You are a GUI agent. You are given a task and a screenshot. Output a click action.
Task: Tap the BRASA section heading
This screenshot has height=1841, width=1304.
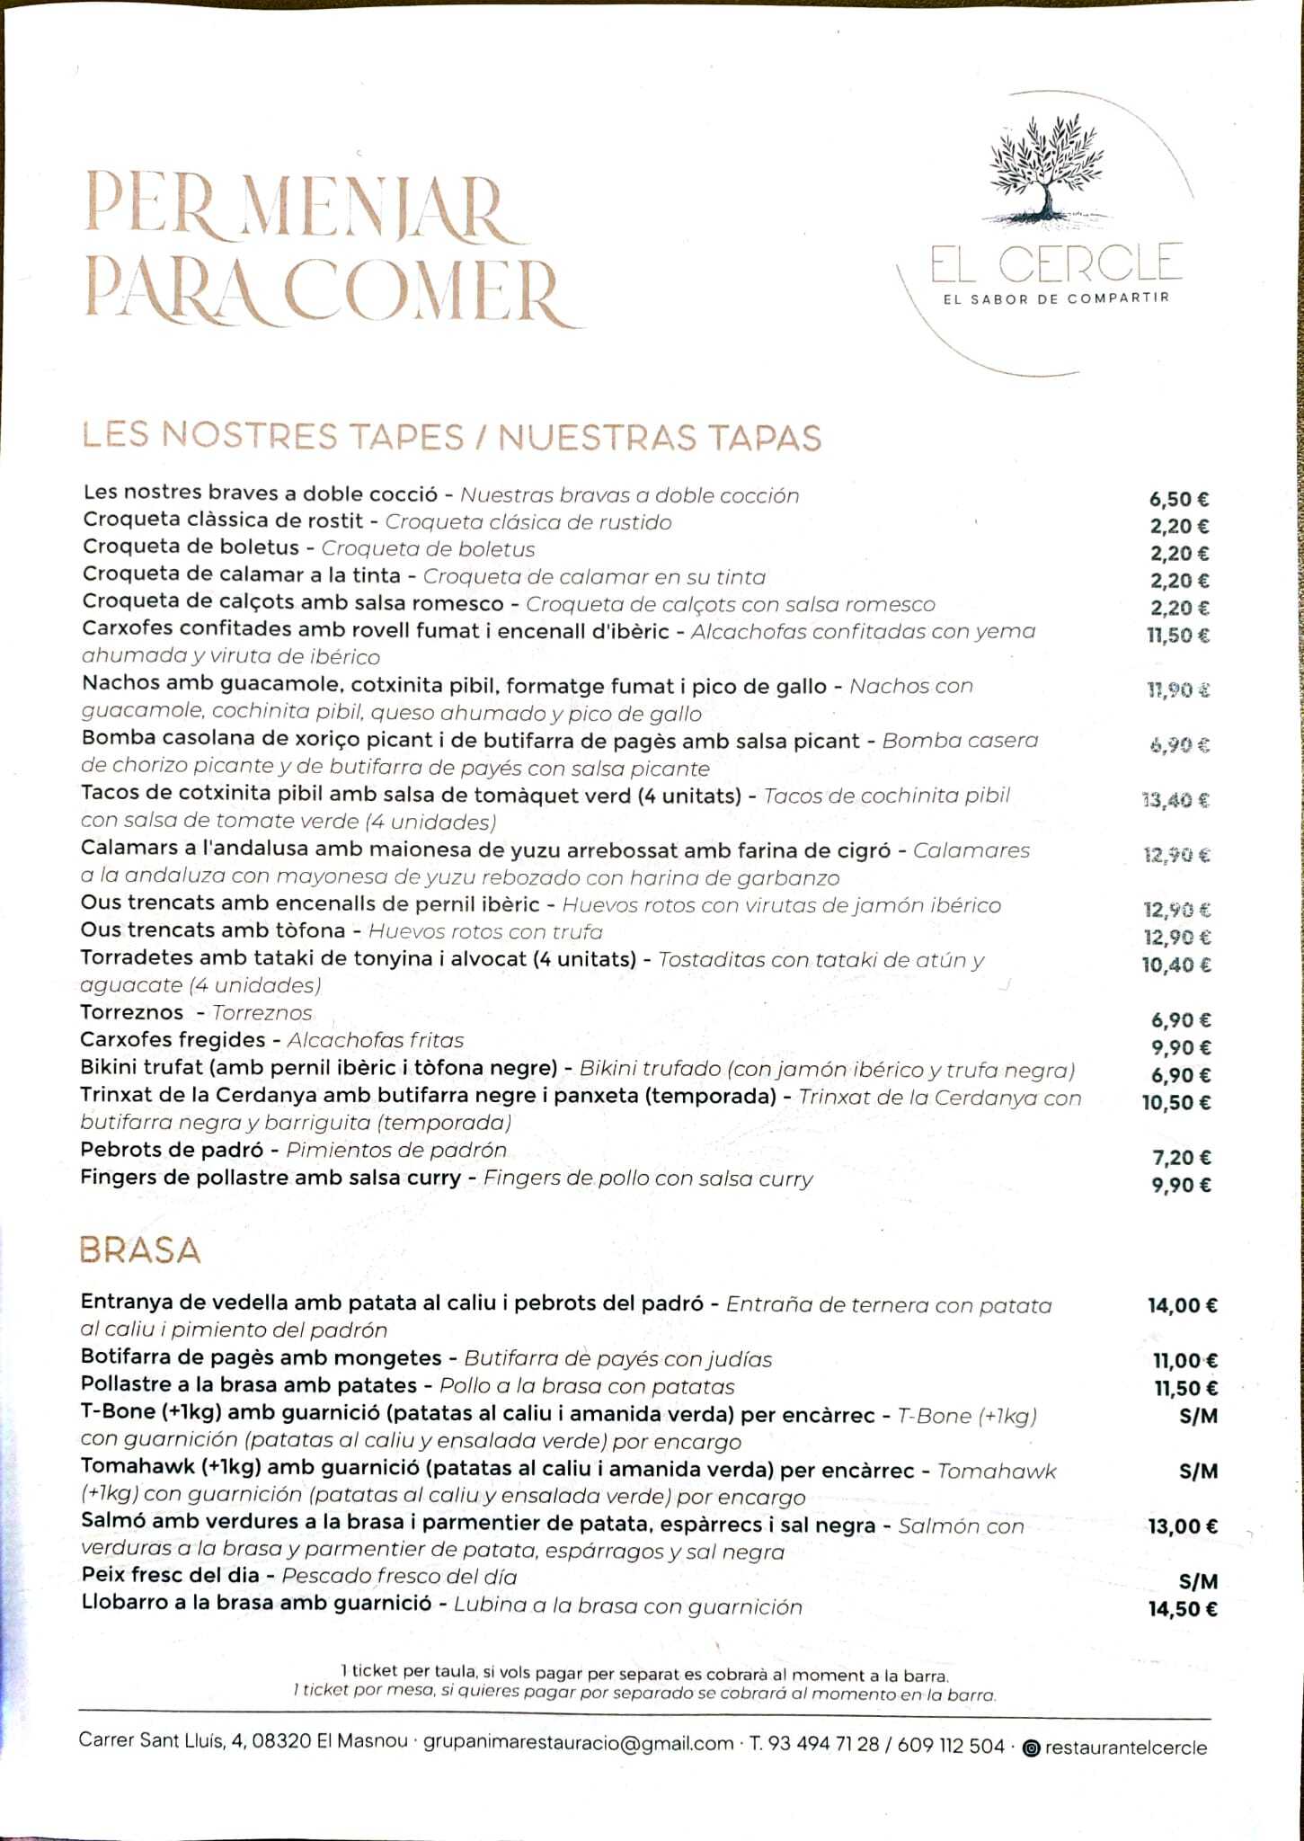tap(139, 1250)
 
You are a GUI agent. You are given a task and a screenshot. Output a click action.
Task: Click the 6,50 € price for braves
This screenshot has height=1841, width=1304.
tap(1179, 500)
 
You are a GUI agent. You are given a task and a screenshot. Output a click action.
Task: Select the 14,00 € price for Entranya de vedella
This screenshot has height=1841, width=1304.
tap(1182, 1306)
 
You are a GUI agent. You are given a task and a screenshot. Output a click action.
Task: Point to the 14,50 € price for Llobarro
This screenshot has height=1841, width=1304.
tap(1183, 1609)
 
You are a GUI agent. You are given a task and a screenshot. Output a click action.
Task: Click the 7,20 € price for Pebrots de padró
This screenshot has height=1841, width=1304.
tap(1181, 1158)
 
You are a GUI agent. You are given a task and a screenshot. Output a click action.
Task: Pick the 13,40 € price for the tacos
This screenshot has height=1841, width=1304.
tap(1175, 799)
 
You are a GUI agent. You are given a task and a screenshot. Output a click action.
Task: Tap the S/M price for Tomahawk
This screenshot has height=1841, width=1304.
tap(1198, 1472)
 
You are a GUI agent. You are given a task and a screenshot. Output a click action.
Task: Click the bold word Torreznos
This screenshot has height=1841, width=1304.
tap(132, 1013)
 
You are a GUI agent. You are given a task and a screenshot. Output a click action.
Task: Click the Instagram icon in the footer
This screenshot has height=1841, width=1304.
tap(1032, 1748)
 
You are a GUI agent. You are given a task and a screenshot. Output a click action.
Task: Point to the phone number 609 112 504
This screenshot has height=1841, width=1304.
tap(951, 1746)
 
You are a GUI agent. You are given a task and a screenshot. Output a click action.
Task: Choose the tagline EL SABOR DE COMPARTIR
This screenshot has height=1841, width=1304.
tap(1056, 298)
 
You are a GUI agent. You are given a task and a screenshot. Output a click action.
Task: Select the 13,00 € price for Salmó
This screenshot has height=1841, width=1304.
tap(1183, 1526)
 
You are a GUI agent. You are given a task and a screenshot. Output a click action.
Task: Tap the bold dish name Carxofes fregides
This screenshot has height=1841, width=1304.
tap(173, 1040)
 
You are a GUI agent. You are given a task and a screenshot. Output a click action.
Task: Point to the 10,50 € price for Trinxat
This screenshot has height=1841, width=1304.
tap(1176, 1103)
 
